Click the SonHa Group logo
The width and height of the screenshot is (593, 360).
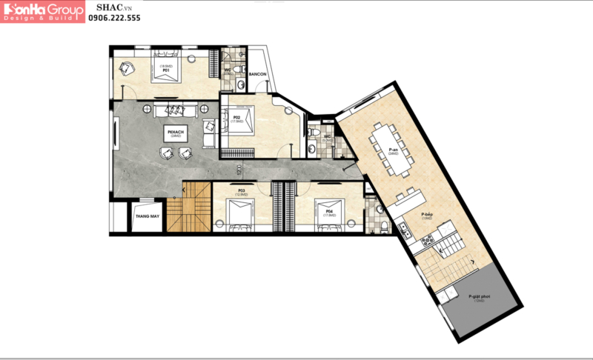click(x=42, y=10)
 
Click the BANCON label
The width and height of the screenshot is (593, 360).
click(x=257, y=74)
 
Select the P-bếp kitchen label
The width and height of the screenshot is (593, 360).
click(x=426, y=214)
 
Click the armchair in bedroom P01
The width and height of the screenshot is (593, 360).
click(x=127, y=68)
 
